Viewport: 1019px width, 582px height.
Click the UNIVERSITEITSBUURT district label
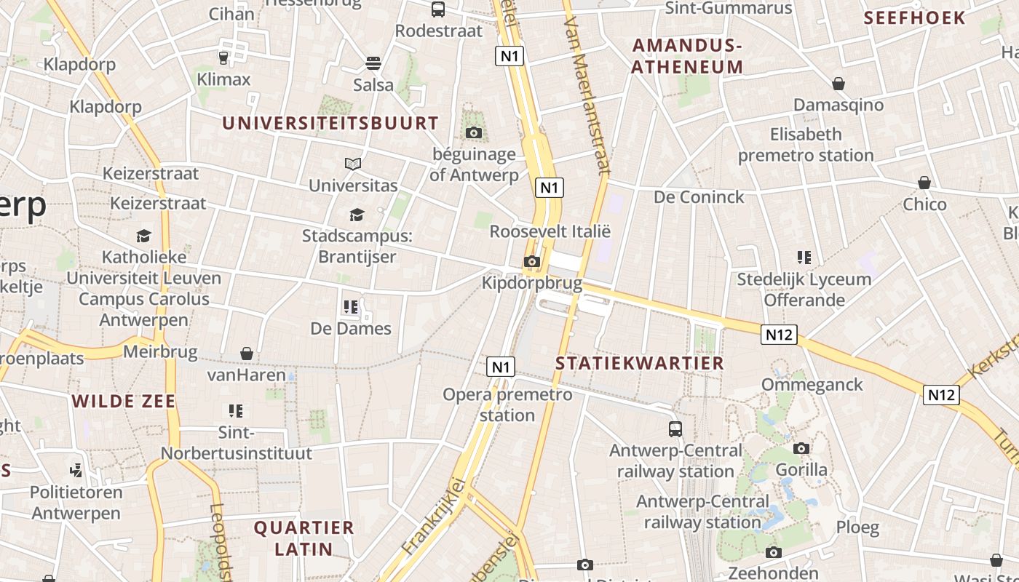click(x=330, y=123)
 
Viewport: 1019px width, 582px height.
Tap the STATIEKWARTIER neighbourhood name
click(x=640, y=363)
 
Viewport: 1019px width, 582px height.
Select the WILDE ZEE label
click(x=124, y=401)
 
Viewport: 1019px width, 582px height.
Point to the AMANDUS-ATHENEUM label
click(x=687, y=56)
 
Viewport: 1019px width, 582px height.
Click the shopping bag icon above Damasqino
click(x=838, y=84)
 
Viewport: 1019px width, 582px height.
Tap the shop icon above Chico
click(x=924, y=182)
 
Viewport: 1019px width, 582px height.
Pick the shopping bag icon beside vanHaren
click(x=247, y=354)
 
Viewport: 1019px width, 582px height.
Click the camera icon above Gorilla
click(x=801, y=448)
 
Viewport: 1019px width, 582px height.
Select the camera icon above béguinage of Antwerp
click(x=474, y=132)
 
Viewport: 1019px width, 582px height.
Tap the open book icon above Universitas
click(x=353, y=164)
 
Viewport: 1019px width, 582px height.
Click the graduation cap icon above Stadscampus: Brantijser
click(x=357, y=215)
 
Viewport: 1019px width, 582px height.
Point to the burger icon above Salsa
click(x=373, y=63)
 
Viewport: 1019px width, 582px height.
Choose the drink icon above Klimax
click(x=223, y=57)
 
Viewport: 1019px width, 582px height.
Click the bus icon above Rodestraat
click(x=438, y=9)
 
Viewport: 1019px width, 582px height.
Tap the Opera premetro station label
click(x=507, y=404)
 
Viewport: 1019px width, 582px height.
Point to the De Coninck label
click(x=699, y=197)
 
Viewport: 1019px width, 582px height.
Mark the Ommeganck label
click(x=812, y=384)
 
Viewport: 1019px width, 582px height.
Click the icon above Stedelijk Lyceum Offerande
click(x=804, y=257)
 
